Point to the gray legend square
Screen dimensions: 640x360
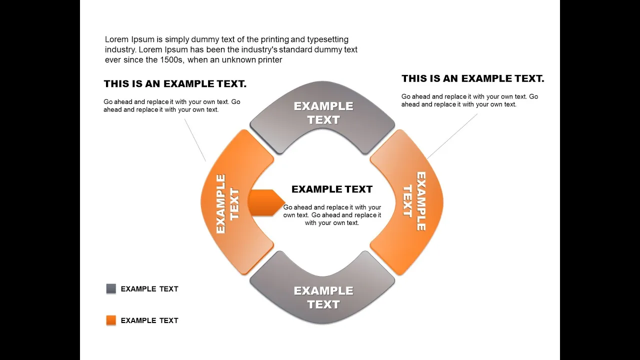(111, 288)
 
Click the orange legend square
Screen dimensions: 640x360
(111, 320)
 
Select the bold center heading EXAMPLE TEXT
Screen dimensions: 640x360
(332, 189)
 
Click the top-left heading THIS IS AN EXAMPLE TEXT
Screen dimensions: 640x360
(175, 83)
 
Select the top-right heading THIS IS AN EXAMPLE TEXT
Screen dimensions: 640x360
(473, 78)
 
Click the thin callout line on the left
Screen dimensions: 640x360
(195, 140)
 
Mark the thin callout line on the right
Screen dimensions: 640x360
(452, 136)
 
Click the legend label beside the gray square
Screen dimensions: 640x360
(149, 289)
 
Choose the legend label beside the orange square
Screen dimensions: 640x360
(149, 320)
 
